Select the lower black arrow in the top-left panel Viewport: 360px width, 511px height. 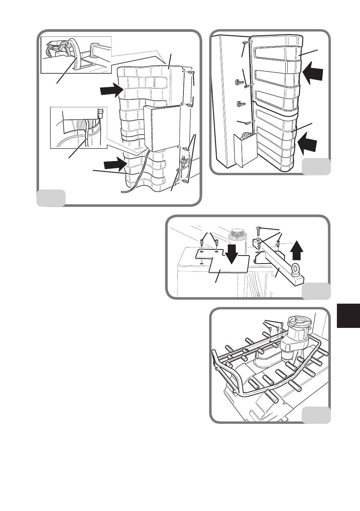(x=115, y=164)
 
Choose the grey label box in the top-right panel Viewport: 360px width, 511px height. (x=316, y=166)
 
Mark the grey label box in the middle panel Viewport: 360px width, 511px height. (x=316, y=291)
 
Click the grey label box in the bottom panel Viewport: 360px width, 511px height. (x=316, y=415)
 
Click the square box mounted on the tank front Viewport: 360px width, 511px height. (x=162, y=128)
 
